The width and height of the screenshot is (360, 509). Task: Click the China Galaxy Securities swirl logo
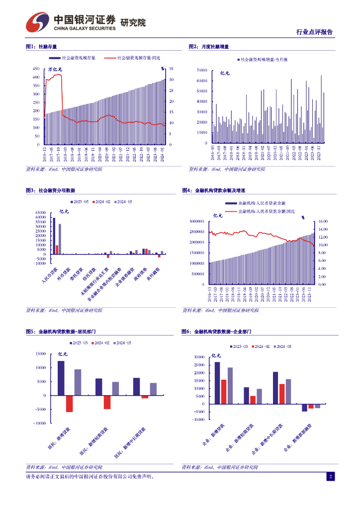38,22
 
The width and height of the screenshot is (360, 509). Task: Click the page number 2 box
330,477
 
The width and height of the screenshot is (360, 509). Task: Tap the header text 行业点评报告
314,32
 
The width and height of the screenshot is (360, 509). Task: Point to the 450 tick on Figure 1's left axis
37,69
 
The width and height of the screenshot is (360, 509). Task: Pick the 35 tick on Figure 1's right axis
171,69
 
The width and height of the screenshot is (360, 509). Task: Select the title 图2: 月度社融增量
208,46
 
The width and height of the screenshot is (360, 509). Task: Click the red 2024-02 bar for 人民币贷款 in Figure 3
57,250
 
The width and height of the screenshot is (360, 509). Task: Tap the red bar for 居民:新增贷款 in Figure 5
69,404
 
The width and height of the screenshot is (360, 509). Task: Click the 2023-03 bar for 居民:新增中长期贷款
136,387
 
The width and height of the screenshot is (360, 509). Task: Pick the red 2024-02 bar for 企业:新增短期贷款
253,400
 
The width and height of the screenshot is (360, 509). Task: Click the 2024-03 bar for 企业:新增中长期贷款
288,391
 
